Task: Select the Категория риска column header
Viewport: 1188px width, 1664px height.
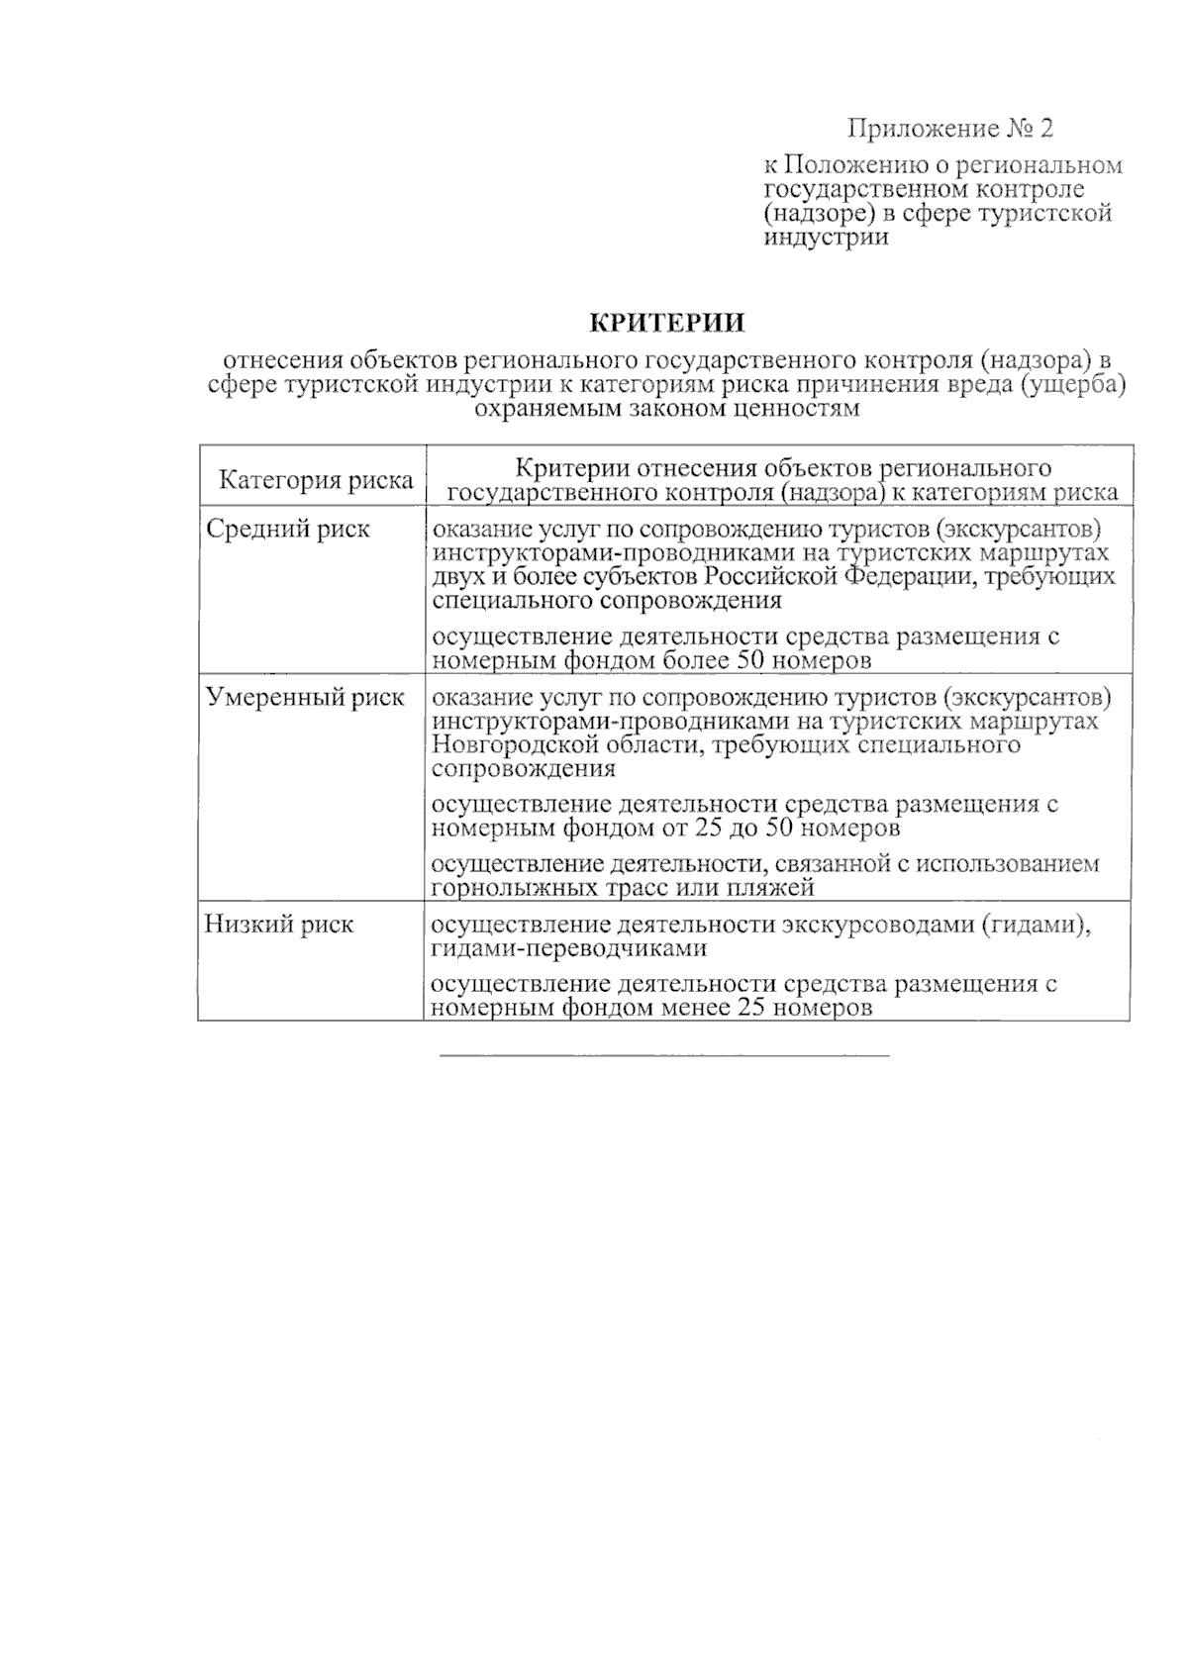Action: (315, 481)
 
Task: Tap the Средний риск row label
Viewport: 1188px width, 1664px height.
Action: (288, 530)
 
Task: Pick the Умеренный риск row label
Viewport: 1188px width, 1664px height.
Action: (305, 698)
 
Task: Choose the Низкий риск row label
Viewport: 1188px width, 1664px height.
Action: (279, 925)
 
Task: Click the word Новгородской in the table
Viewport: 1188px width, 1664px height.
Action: (514, 745)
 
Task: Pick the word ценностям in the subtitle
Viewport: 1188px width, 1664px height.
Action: (791, 408)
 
